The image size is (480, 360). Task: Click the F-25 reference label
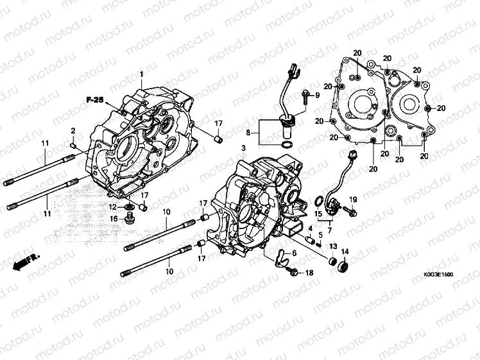94,99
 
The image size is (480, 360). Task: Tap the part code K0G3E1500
438,274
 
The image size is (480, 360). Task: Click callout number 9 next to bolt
316,96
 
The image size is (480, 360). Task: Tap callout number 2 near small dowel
73,131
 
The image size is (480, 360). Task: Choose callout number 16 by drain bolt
114,219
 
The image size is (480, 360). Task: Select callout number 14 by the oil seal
345,252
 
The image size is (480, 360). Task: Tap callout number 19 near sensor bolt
353,200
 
